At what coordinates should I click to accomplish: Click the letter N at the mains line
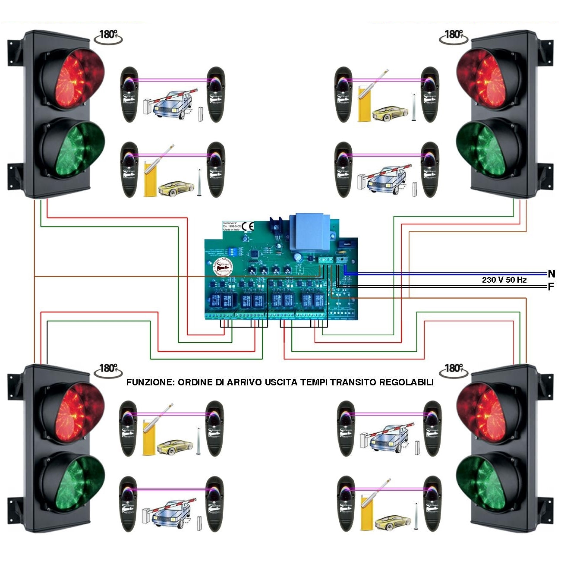click(x=551, y=274)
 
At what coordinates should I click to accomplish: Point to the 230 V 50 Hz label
click(x=504, y=280)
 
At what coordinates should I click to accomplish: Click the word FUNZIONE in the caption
click(x=150, y=382)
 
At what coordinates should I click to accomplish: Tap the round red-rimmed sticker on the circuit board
click(x=222, y=268)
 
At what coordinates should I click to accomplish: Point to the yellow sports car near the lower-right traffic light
click(x=393, y=522)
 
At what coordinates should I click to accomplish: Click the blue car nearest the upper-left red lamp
click(x=173, y=104)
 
